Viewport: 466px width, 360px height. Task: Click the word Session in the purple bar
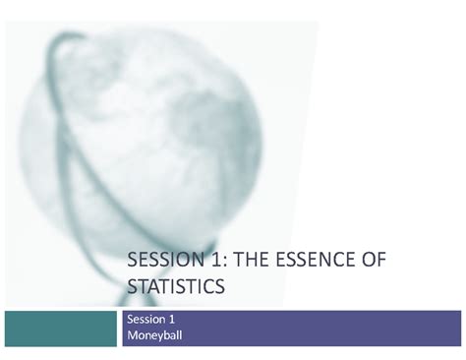click(147, 320)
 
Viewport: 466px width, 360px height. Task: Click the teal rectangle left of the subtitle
click(60, 328)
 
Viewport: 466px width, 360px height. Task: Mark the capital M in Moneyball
click(133, 335)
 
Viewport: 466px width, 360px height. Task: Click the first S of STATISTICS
click(133, 286)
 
